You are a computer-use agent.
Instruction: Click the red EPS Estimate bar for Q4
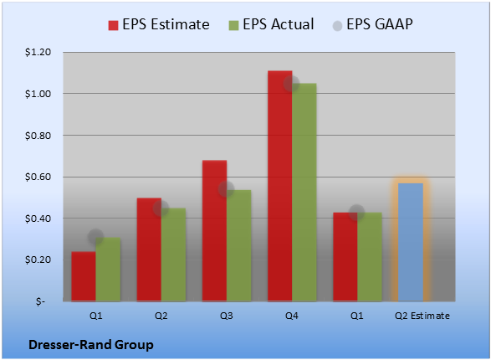pyautogui.click(x=280, y=186)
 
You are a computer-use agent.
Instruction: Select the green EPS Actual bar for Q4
pyautogui.click(x=304, y=193)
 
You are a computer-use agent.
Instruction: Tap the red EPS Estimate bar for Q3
pyautogui.click(x=214, y=231)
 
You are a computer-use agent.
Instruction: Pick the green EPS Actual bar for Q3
pyautogui.click(x=239, y=245)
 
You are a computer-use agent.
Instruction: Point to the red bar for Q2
pyautogui.click(x=149, y=249)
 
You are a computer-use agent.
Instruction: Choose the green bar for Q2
pyautogui.click(x=173, y=255)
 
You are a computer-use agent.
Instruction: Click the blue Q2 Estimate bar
pyautogui.click(x=411, y=242)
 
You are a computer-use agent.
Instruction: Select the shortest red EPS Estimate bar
pyautogui.click(x=84, y=276)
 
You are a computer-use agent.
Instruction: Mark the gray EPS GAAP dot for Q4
pyautogui.click(x=292, y=84)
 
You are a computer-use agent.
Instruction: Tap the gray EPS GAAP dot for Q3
pyautogui.click(x=226, y=189)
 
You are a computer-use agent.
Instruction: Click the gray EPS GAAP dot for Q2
pyautogui.click(x=161, y=208)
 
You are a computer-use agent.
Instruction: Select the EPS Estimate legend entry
pyautogui.click(x=159, y=24)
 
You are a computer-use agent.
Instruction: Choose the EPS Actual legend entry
pyautogui.click(x=272, y=24)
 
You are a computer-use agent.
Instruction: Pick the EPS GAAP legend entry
pyautogui.click(x=372, y=24)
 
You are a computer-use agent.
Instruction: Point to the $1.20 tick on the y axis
pyautogui.click(x=38, y=52)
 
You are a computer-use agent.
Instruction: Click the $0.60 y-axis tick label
pyautogui.click(x=38, y=177)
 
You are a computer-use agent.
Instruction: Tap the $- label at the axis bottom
pyautogui.click(x=40, y=301)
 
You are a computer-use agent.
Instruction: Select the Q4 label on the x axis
pyautogui.click(x=292, y=316)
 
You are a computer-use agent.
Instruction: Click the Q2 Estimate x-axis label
pyautogui.click(x=422, y=316)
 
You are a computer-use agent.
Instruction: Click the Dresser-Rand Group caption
pyautogui.click(x=91, y=345)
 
